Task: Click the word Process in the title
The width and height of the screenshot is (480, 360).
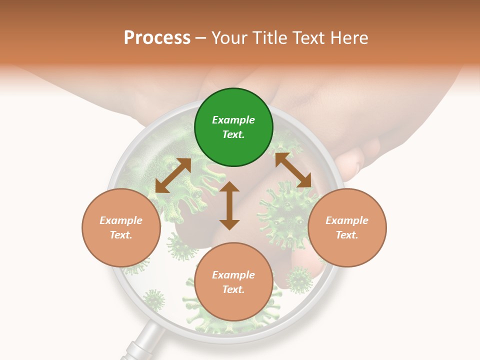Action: (157, 38)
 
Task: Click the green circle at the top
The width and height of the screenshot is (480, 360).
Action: (233, 127)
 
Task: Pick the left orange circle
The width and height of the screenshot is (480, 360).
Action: (121, 227)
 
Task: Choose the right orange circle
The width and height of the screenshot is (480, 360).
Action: (347, 227)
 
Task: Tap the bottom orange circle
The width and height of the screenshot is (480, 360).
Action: (233, 282)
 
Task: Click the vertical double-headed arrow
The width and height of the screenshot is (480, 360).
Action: (229, 205)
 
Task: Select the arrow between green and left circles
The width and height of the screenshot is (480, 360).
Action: (173, 175)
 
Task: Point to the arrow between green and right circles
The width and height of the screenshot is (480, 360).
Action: (293, 170)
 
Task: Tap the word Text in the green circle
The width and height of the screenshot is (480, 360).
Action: (233, 134)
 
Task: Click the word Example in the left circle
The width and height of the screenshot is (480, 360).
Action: (121, 220)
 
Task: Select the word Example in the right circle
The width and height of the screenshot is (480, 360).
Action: (347, 220)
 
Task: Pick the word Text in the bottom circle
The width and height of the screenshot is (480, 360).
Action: (233, 289)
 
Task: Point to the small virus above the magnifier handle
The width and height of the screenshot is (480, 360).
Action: (154, 300)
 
